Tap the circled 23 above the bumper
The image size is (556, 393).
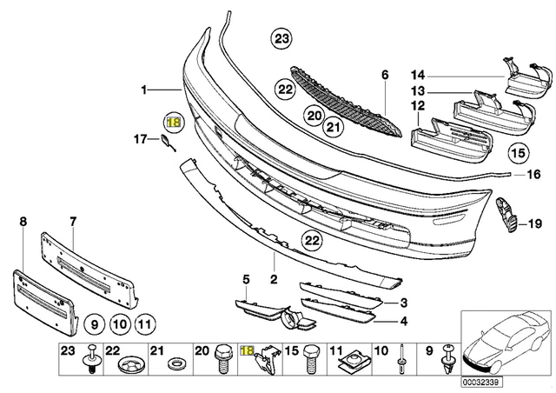281,38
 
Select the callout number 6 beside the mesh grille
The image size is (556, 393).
383,76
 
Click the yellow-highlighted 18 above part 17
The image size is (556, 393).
173,122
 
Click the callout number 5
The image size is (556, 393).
246,279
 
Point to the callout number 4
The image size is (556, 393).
403,321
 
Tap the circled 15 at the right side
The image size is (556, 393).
518,155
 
